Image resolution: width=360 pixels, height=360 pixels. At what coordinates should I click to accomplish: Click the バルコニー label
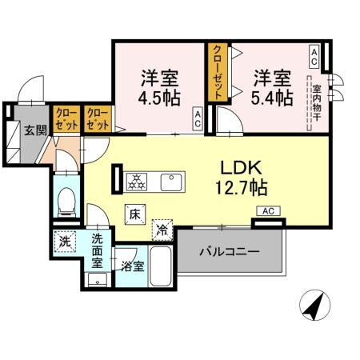pos(230,252)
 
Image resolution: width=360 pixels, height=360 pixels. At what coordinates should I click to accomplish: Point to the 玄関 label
pos(31,130)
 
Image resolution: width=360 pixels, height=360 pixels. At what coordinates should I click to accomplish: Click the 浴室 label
pos(132,267)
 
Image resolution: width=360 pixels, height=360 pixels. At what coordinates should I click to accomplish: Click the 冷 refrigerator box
pos(163,228)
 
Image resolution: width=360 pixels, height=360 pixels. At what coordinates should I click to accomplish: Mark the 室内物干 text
pos(316,103)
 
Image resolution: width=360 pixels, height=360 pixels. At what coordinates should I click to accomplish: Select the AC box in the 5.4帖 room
pos(314,56)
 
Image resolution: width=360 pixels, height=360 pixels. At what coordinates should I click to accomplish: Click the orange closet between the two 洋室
pos(217,72)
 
